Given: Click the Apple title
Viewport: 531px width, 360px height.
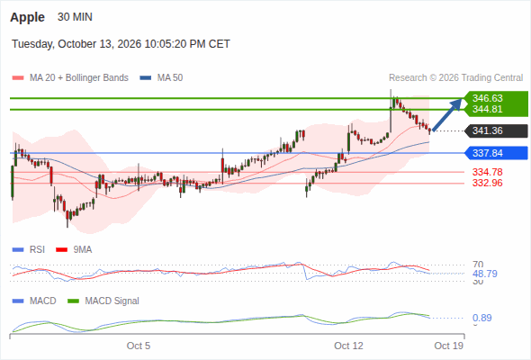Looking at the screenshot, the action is point(27,17).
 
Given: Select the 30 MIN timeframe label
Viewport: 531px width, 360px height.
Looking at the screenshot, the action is point(75,17).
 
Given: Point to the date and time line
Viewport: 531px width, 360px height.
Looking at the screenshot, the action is point(121,44).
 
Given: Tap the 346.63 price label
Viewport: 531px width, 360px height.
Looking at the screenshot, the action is point(487,98).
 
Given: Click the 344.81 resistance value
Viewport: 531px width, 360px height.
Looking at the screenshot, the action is point(487,109).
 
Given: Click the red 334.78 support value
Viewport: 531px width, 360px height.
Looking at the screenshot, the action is point(487,172).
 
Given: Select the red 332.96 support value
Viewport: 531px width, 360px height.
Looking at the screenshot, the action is point(487,184).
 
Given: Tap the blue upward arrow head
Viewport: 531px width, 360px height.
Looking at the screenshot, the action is point(457,103).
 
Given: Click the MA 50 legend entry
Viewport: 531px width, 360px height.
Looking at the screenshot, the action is point(161,78).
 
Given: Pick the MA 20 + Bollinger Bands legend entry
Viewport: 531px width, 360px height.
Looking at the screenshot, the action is point(70,78).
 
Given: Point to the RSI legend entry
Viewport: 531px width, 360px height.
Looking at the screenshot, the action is point(29,250).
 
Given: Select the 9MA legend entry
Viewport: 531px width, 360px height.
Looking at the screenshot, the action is point(74,250).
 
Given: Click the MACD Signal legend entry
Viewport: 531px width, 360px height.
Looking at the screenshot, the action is point(103,301).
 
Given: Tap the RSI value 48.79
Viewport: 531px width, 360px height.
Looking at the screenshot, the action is point(485,274).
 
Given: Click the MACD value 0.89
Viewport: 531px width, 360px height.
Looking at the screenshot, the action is point(481,318).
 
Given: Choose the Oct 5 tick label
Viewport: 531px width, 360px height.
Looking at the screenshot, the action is point(139,346).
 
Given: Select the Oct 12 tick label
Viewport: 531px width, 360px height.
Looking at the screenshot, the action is point(348,346).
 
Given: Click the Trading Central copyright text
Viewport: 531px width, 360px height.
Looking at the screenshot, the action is point(455,78).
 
